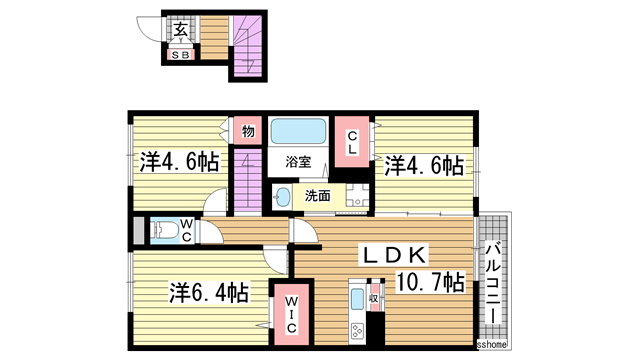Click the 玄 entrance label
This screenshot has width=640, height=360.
pos(182,30)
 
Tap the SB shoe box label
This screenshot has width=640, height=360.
pos(180,55)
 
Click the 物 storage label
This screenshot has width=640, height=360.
pos(246,130)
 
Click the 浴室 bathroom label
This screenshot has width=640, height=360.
pos(298,161)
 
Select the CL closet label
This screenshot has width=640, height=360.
pos(353,142)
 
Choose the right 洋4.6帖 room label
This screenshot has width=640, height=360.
pos(425,163)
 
